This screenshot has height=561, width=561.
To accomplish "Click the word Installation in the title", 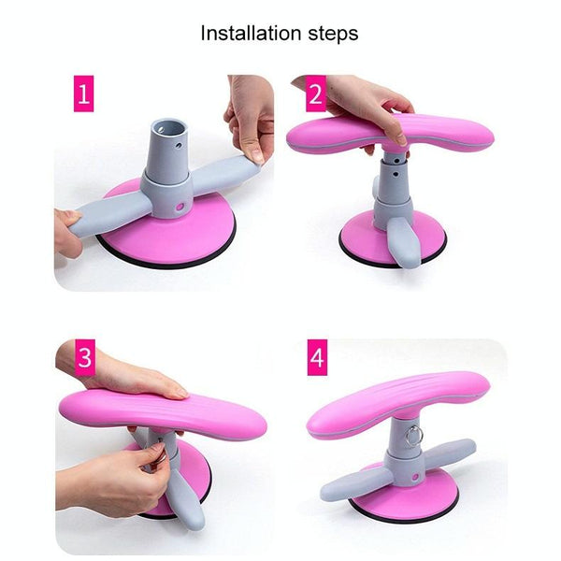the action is [251, 34].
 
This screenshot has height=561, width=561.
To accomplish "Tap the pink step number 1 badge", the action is [84, 93].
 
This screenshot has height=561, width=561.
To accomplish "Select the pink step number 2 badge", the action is [316, 93].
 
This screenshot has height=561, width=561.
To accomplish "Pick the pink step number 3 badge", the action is [85, 357].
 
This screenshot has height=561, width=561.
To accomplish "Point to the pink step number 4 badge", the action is [317, 357].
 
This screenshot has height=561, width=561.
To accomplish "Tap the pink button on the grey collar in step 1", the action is [180, 207].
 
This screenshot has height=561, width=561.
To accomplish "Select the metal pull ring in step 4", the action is [414, 436].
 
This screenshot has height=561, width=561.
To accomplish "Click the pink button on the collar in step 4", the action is [415, 477].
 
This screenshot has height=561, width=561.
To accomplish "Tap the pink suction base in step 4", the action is [404, 501].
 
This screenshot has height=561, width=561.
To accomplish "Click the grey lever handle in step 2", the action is [404, 240].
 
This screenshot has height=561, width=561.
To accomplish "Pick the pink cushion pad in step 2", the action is [390, 133].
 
